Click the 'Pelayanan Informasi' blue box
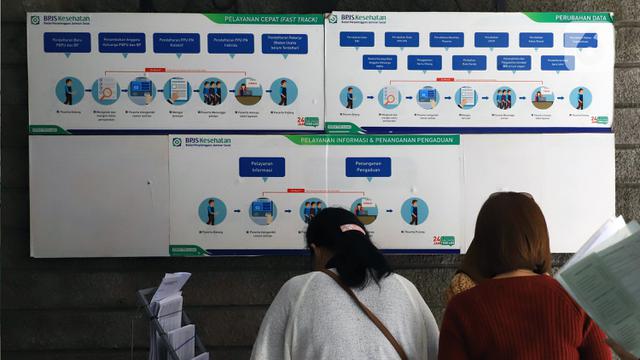pos(261,167)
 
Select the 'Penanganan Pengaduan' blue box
pos(368,167)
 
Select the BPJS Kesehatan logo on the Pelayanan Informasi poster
pos(201,142)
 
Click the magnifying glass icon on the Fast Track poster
pos(105,92)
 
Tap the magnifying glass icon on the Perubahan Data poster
pos(389,97)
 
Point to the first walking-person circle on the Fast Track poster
pos(69,91)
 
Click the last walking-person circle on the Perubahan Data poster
pos(580,98)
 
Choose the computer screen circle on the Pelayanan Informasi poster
pos(262,210)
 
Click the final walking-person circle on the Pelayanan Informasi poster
pos(414,211)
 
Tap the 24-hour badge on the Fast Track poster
pos(307,121)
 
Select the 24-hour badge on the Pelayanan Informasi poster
pos(443,241)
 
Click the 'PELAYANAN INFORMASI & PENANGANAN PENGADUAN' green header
pos(372,140)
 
